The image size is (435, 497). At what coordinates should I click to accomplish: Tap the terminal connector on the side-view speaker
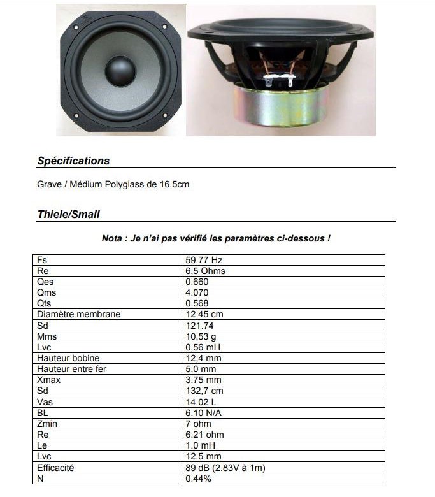click(x=278, y=82)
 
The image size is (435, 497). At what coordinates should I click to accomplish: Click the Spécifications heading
click(x=73, y=161)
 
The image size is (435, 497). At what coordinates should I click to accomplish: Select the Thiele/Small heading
click(x=68, y=215)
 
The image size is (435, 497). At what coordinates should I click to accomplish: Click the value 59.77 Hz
click(x=203, y=260)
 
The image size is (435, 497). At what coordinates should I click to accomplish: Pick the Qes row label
click(x=45, y=282)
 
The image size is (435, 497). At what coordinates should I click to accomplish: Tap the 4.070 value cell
click(x=197, y=292)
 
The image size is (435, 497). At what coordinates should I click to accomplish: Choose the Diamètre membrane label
click(x=78, y=314)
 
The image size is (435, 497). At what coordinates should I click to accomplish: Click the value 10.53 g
click(x=201, y=336)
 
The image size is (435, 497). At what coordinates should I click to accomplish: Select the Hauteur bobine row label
click(x=68, y=358)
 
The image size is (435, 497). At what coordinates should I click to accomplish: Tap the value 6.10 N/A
click(x=204, y=413)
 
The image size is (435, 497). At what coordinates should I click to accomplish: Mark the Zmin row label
click(x=47, y=424)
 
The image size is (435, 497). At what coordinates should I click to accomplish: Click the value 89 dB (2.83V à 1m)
click(x=225, y=468)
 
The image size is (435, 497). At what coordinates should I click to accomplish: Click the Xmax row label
click(x=48, y=380)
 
